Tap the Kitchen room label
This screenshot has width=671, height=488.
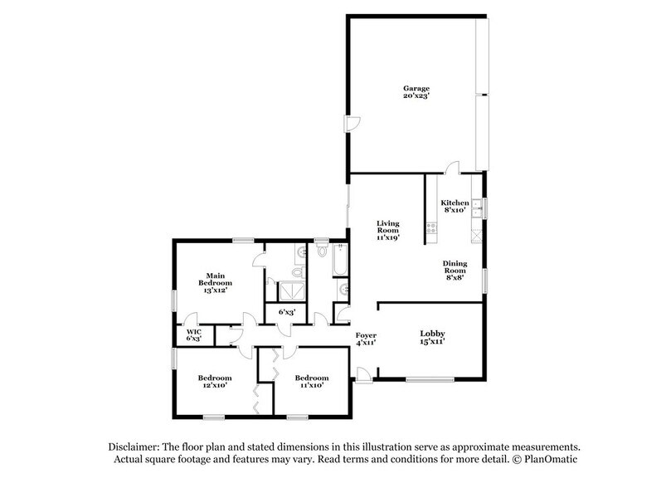(x=455, y=203)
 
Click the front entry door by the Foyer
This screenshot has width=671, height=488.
(x=362, y=373)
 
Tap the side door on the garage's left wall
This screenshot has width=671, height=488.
(x=352, y=124)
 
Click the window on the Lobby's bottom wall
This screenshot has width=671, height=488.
(x=429, y=380)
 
